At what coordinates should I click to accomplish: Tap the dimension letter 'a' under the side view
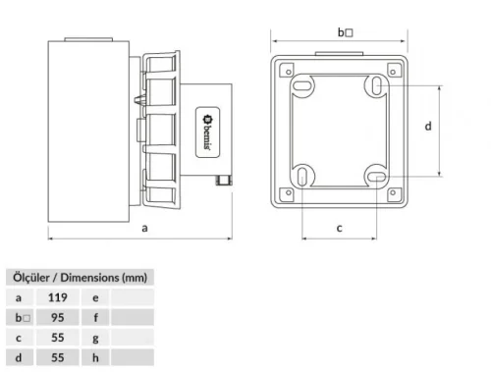tap(145, 227)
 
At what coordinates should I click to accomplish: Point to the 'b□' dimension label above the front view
tap(345, 31)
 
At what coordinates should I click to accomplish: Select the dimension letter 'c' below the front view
tap(339, 228)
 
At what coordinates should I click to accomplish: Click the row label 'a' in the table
tap(19, 295)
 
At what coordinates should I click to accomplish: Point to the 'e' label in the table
tap(95, 295)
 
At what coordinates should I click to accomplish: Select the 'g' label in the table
tap(95, 339)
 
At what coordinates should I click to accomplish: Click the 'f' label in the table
tap(95, 317)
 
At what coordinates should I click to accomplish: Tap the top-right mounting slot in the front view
tap(376, 86)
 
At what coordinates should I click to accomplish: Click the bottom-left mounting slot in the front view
tap(305, 178)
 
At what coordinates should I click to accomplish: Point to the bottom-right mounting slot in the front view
tap(376, 177)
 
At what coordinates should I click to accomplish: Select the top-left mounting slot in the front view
tap(303, 86)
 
